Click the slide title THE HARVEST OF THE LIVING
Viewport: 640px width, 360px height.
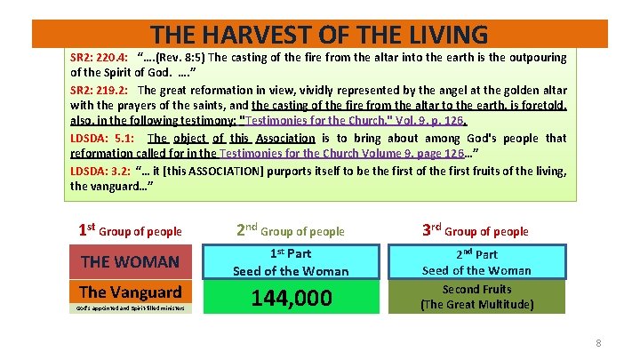[319, 35]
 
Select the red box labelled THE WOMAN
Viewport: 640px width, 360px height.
[131, 261]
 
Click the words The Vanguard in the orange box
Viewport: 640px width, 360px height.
[131, 292]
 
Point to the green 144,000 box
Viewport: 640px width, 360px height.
[291, 298]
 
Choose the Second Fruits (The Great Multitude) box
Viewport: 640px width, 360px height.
[476, 297]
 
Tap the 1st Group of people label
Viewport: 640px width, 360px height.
[131, 230]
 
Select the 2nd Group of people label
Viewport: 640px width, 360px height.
[291, 230]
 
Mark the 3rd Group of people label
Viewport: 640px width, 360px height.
[476, 230]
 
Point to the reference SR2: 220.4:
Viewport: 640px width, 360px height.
[99, 58]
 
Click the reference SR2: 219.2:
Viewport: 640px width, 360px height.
[99, 90]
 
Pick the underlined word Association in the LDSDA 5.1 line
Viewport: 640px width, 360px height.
[284, 138]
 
